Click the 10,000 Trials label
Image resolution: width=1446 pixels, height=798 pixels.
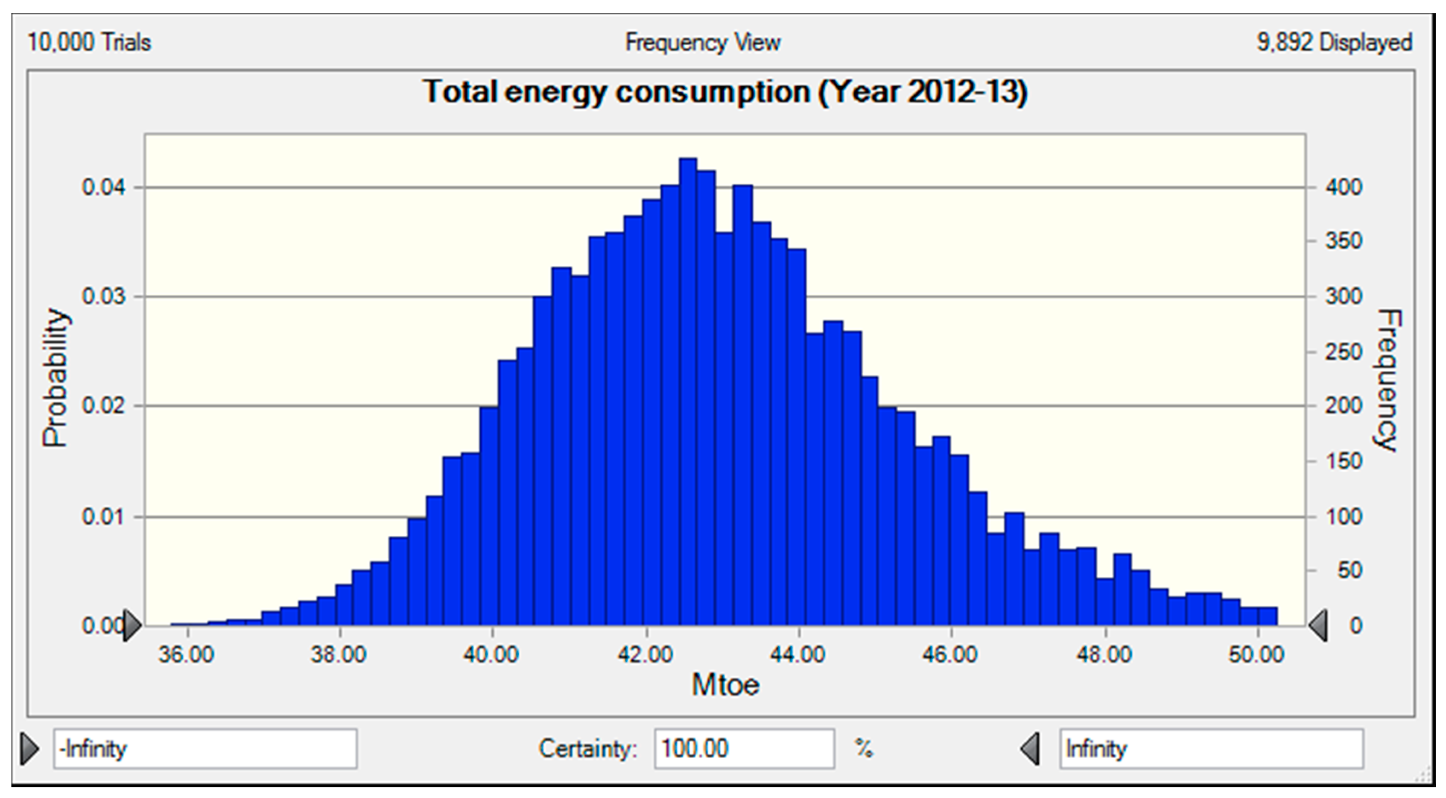(89, 43)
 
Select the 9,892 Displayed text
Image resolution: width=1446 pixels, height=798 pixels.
(1334, 43)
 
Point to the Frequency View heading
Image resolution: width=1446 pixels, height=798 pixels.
(703, 43)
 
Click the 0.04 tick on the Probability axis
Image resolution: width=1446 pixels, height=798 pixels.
(103, 188)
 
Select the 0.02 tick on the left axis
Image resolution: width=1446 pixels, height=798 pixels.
(103, 405)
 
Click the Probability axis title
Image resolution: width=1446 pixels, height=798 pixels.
(56, 377)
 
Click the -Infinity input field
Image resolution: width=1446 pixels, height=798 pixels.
(205, 748)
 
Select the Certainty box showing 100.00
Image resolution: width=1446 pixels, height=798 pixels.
(744, 748)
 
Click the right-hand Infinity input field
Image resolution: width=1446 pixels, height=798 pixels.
(1211, 748)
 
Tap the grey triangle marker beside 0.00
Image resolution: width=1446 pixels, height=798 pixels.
(132, 625)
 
